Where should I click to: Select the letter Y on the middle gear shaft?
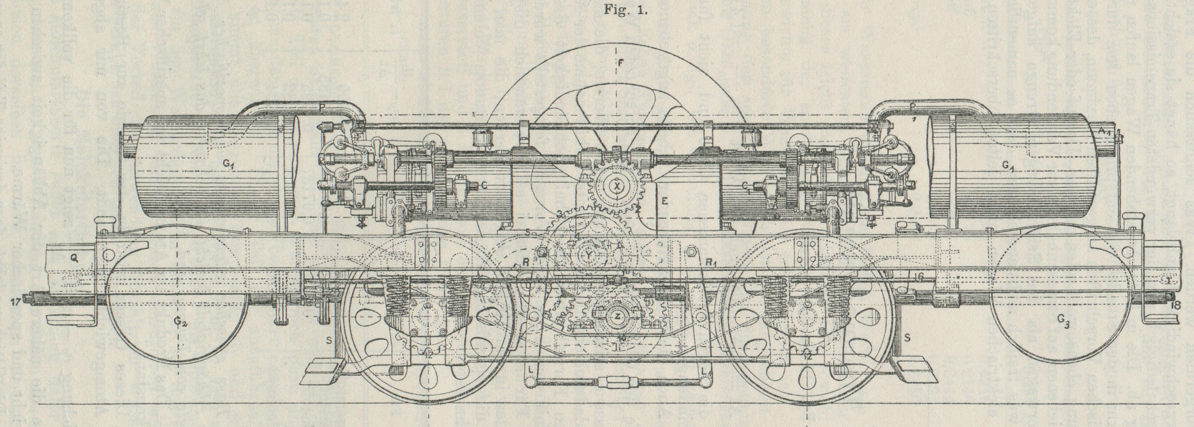click(588, 255)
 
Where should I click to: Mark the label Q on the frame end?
click(73, 260)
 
